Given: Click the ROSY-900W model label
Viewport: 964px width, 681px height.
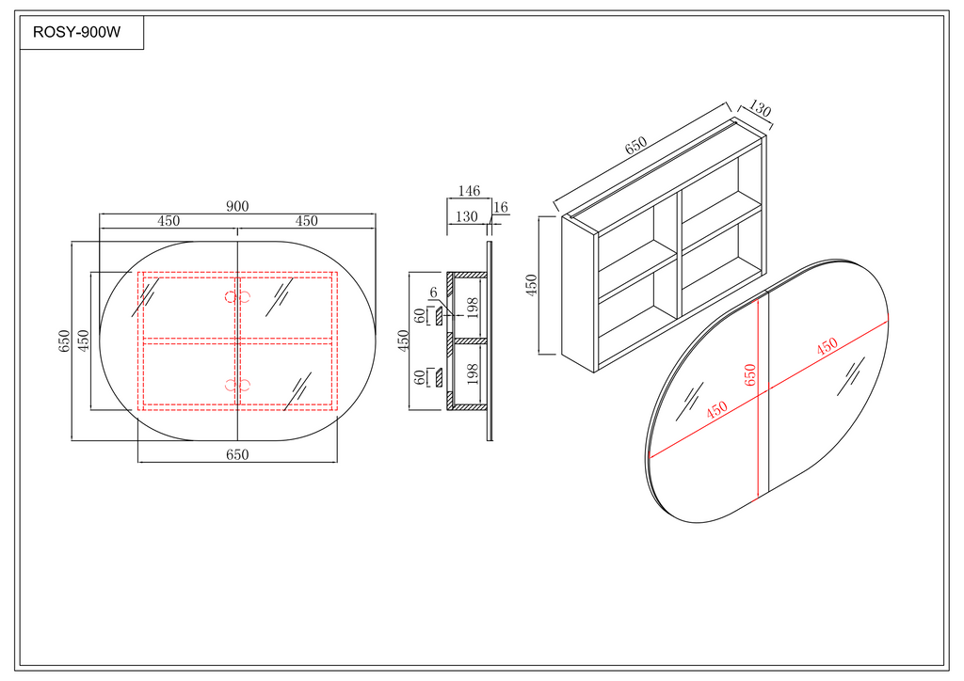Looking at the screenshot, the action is (x=77, y=33).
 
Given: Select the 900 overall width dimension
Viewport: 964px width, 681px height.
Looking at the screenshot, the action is (x=237, y=206).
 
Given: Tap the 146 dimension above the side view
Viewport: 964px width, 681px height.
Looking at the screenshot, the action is (x=469, y=191).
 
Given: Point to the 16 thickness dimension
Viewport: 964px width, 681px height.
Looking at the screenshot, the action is (x=501, y=208).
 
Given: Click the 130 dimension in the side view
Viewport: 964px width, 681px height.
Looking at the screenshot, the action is (x=467, y=216).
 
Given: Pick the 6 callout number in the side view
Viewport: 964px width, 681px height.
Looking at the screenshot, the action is (x=433, y=293).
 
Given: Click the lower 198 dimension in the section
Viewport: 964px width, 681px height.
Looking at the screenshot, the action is (x=473, y=373).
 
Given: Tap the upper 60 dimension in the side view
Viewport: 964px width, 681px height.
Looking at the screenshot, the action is (x=419, y=316).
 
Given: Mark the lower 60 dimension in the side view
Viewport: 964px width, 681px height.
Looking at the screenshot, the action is (x=419, y=377).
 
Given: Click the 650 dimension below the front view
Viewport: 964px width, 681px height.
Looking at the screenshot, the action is (x=237, y=454).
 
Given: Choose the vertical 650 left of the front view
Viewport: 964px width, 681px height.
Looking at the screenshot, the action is (x=65, y=340).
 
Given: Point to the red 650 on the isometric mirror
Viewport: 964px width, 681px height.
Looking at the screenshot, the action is (x=750, y=374).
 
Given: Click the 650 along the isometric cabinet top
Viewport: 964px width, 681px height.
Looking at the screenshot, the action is (x=635, y=146).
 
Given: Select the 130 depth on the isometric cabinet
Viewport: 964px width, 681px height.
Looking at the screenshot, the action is (x=760, y=109).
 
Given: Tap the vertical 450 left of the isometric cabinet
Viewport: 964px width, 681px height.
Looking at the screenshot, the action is (x=532, y=284).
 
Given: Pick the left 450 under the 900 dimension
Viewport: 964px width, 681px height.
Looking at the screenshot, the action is (x=169, y=221).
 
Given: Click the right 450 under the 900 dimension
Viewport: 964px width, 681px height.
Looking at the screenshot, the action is (x=307, y=221).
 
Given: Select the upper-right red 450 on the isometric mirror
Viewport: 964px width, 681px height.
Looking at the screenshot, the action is (x=827, y=347).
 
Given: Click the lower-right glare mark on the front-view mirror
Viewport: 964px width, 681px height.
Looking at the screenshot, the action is (x=297, y=390).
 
